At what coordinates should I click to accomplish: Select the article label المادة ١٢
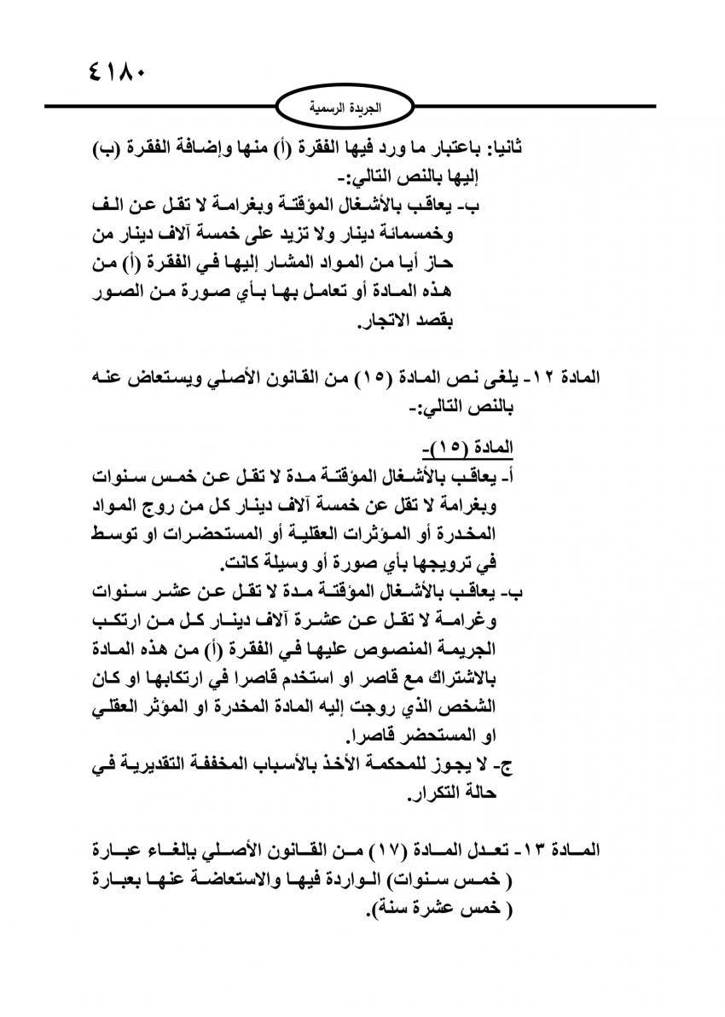pos(574,376)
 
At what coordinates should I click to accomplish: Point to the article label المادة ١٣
pos(571,851)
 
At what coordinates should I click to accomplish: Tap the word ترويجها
pos(446,564)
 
